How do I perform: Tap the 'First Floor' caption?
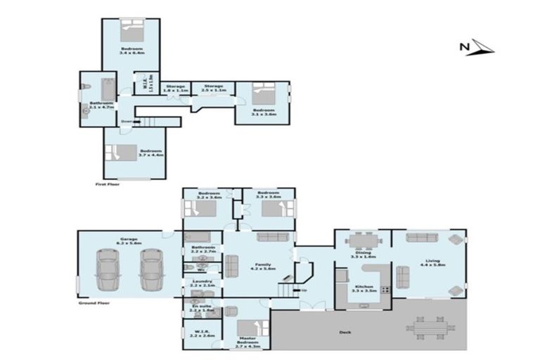pyautogui.click(x=108, y=184)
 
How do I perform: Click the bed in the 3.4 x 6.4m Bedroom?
pyautogui.click(x=131, y=32)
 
